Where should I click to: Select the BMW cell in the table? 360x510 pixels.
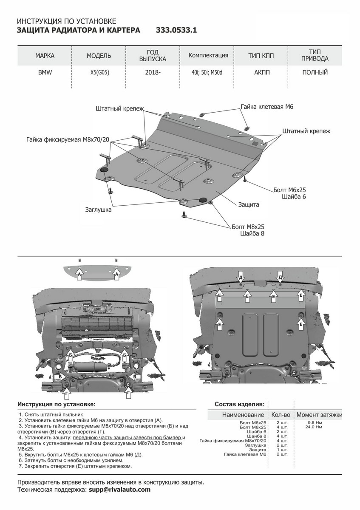[x=45, y=73]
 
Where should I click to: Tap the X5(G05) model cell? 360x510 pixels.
[x=99, y=73]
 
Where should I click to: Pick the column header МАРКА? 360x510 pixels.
[x=45, y=56]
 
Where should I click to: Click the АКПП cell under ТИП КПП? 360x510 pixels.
[x=262, y=73]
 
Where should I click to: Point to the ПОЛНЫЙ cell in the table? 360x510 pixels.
[x=315, y=73]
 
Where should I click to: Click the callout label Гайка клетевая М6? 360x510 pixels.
[x=267, y=107]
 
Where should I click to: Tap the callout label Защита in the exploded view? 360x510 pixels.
[x=249, y=204]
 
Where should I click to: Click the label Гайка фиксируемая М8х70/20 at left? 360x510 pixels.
[x=68, y=139]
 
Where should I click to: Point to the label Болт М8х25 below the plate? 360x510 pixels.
[x=248, y=227]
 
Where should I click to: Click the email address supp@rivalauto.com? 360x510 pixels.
[x=119, y=490]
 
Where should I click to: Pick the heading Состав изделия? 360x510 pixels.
[x=239, y=404]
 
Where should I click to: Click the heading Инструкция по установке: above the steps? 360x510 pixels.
[x=57, y=404]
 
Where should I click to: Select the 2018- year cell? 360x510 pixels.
[x=153, y=73]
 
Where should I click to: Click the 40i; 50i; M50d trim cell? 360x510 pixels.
[x=207, y=73]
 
